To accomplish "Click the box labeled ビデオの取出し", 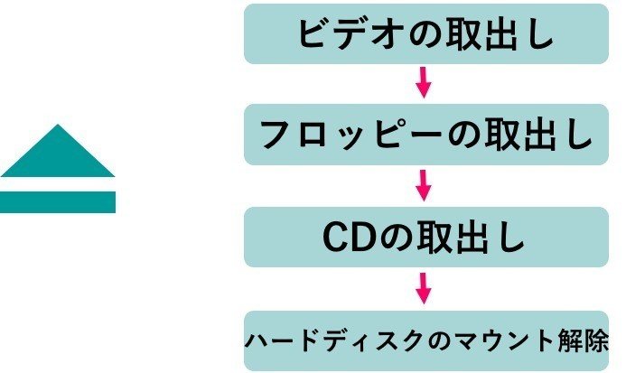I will [x=426, y=33].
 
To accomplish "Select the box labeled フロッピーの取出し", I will [x=426, y=135].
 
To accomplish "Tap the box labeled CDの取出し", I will [x=426, y=238].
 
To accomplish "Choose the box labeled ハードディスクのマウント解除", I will [x=426, y=340].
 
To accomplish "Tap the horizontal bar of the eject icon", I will [x=58, y=201].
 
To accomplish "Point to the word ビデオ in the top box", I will [x=342, y=34].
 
